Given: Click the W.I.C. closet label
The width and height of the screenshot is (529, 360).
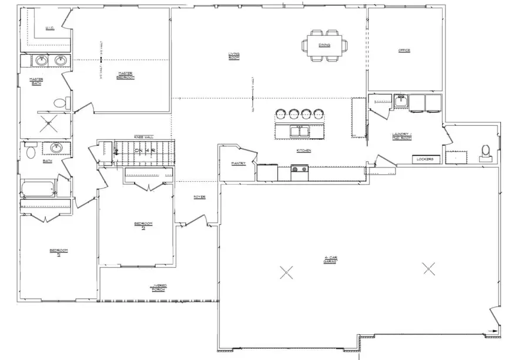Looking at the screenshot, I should [x=50, y=28].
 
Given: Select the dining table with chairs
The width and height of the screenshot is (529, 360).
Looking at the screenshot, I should [x=324, y=45].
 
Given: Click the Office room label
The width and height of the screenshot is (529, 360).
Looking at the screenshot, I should [x=404, y=51].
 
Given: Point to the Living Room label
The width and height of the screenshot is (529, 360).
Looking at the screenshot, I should [x=234, y=56].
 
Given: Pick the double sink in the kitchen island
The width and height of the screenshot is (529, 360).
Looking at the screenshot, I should [x=300, y=131].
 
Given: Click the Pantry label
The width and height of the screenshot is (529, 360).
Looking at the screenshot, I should [x=238, y=164].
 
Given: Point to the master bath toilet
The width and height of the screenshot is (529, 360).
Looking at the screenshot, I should [x=59, y=104].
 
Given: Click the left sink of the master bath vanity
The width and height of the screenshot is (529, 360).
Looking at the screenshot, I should [x=42, y=61].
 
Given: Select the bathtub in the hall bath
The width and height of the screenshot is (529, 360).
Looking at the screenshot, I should [x=38, y=189].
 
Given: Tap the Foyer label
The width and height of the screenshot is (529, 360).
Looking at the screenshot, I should [x=200, y=197].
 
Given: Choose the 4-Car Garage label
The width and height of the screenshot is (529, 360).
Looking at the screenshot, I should [x=330, y=259].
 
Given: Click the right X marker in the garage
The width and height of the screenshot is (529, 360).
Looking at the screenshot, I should [x=429, y=269].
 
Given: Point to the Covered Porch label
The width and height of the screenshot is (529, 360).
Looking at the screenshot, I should [x=159, y=288].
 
